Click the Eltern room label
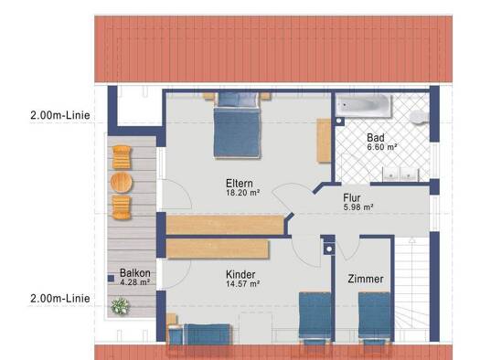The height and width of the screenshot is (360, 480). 240,184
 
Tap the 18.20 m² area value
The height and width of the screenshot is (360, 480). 243,193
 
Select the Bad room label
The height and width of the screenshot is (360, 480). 376,138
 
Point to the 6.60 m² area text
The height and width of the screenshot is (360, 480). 382,147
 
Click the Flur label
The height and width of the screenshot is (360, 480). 352,198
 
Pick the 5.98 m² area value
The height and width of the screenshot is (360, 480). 358,207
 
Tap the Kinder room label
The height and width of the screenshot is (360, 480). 240,274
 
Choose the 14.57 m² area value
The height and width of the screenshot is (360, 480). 243,284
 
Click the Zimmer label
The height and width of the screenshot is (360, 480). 366,279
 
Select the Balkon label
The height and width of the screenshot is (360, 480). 135,273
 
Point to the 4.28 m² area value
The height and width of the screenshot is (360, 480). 135,282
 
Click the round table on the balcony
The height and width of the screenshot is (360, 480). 122,183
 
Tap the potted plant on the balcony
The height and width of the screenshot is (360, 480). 120,306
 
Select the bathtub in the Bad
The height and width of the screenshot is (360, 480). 364,106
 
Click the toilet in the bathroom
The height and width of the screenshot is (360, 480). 419,117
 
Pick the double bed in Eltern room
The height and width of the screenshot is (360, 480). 238,125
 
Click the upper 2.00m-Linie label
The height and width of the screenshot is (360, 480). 60,115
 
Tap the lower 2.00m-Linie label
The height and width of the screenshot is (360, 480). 60,298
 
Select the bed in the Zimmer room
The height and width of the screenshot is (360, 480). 374,318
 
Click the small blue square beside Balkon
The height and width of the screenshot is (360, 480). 112,279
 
